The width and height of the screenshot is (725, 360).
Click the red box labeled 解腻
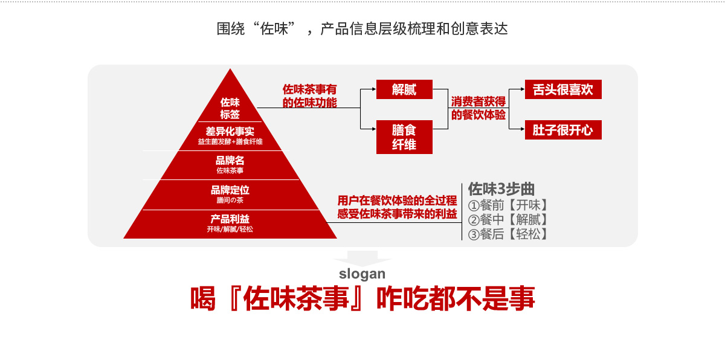point(404,89)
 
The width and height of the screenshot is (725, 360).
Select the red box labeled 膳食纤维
point(404,137)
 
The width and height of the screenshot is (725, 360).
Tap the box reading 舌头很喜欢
point(563,89)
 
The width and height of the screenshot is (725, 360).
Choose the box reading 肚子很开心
point(563,130)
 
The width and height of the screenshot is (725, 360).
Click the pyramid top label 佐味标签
point(230,108)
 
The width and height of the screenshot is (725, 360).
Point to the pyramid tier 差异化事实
point(230,130)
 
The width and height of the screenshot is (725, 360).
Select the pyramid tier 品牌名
point(230,161)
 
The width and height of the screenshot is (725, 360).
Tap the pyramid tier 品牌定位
point(230,190)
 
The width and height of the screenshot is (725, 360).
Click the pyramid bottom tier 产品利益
point(230,219)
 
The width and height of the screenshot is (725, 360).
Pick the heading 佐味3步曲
point(501,188)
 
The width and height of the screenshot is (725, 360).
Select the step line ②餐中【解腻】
point(508,219)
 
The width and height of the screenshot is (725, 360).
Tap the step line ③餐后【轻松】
point(508,234)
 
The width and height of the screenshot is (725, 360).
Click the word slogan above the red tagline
point(362,274)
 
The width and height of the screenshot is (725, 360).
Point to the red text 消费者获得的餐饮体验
point(478,108)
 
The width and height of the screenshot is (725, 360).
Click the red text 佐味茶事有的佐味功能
point(310,96)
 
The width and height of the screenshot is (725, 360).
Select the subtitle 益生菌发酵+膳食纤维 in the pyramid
point(230,141)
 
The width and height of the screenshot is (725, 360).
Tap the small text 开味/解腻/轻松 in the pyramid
point(230,229)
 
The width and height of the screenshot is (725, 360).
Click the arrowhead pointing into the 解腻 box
point(372,89)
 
